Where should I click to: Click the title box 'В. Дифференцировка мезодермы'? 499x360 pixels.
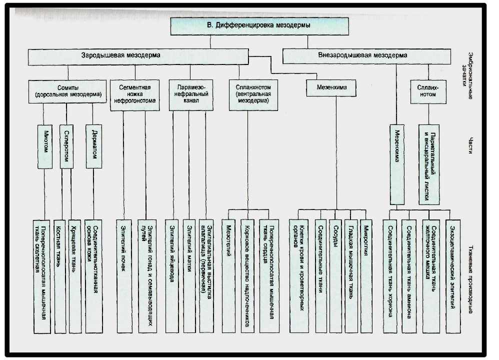tap(259, 26)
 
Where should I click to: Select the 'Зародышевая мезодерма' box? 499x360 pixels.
tap(138, 56)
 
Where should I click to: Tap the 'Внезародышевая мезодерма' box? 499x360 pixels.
tap(366, 56)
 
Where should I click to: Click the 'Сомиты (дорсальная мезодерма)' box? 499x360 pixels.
tap(67, 91)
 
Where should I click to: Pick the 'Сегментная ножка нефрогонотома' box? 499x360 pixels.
tap(134, 95)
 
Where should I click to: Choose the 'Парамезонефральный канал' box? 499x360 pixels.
tap(191, 95)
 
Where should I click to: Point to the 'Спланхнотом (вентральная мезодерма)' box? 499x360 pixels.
tap(253, 95)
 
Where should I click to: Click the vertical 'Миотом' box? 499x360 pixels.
tap(45, 146)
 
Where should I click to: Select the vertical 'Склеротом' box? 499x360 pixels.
tap(66, 146)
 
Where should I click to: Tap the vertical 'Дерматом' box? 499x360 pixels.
tap(93, 146)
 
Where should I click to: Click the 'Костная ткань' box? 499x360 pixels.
tap(60, 276)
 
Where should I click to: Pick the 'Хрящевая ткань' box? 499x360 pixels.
tap(75, 276)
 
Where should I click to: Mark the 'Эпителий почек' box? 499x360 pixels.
tap(124, 276)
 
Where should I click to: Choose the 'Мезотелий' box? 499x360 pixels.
tap(228, 276)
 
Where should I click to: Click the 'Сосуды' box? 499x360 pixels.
tap(335, 276)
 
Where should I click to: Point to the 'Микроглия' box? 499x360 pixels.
tap(366, 276)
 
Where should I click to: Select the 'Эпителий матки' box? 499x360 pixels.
tap(189, 276)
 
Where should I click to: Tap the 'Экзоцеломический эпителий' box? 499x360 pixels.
tap(453, 276)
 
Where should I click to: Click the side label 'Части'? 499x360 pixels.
tap(470, 145)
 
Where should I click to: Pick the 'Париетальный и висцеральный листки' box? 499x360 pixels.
tap(429, 164)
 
